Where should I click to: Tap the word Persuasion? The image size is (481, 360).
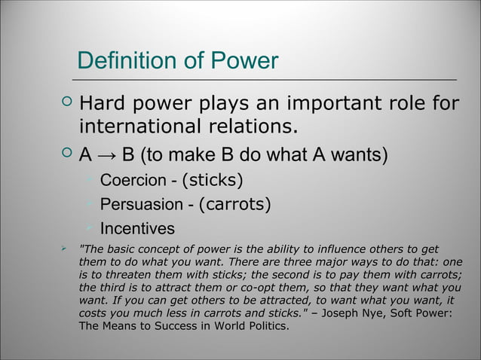[x=141, y=204]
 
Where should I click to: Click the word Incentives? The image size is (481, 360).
[x=137, y=228]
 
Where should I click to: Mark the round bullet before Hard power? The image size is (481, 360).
[x=66, y=102]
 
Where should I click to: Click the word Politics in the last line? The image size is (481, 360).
[x=264, y=326]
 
